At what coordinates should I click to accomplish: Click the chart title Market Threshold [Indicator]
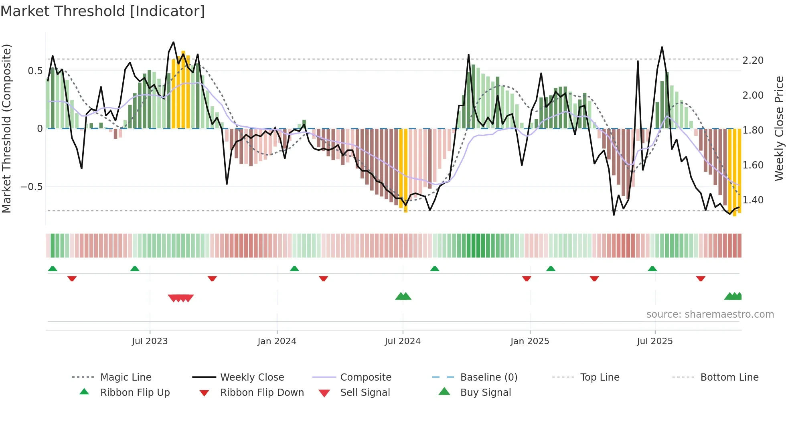click(103, 11)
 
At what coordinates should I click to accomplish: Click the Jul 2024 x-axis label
click(403, 341)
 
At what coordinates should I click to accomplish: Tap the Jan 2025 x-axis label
click(530, 341)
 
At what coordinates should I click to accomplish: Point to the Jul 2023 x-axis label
click(150, 341)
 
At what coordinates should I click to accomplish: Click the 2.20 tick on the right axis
click(753, 61)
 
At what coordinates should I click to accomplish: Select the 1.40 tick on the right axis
click(753, 200)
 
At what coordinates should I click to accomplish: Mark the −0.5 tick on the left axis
click(32, 187)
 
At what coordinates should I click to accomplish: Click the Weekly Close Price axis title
click(779, 128)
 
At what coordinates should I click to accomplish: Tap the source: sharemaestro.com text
click(710, 314)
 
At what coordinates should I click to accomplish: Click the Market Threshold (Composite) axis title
click(6, 128)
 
